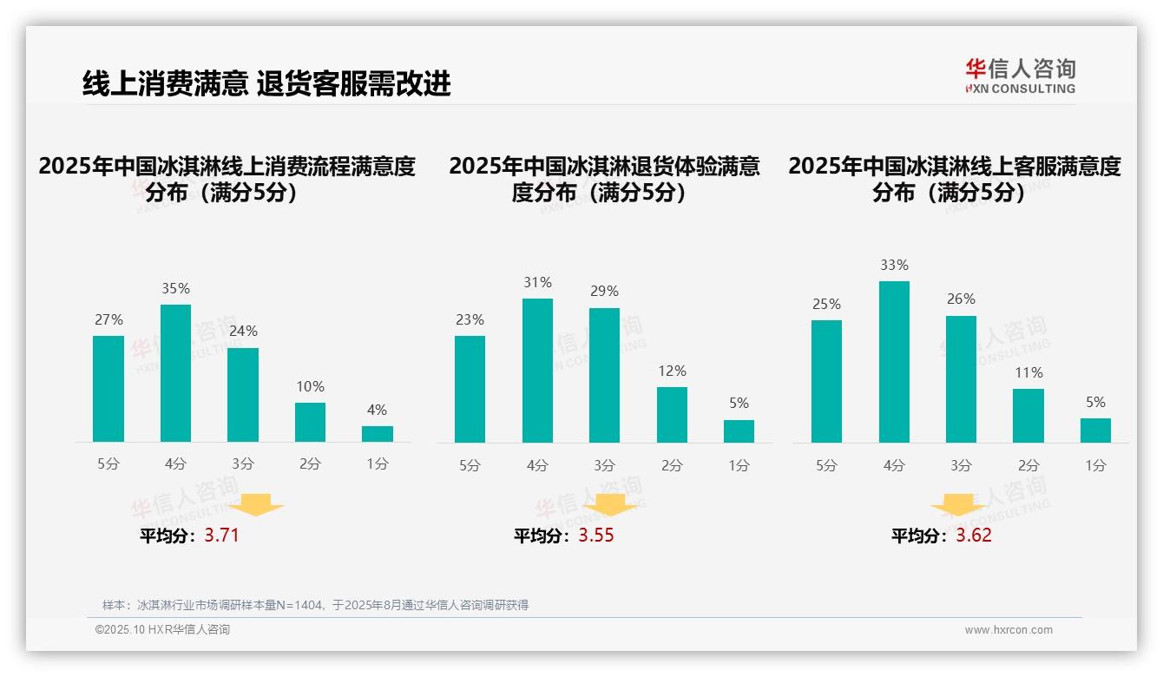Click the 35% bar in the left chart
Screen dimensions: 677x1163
[175, 373]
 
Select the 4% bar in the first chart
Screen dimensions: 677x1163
[377, 434]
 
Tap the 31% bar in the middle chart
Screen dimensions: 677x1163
[537, 371]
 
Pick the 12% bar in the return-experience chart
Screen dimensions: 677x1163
[672, 415]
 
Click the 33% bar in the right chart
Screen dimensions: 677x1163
[894, 362]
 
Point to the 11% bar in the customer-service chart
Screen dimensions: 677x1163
[1028, 416]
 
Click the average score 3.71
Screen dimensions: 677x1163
[221, 535]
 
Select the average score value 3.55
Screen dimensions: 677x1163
[596, 535]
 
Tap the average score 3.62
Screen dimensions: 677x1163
[974, 535]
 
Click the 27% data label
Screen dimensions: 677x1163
[108, 320]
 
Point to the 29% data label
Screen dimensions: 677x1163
[605, 292]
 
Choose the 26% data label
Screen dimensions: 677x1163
[961, 299]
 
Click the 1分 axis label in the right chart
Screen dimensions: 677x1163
[1095, 465]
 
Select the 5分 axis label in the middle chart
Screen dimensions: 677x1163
[470, 465]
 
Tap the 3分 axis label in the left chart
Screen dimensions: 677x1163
[242, 464]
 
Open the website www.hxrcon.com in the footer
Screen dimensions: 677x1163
[1008, 630]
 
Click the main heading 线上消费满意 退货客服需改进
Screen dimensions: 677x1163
[266, 84]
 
